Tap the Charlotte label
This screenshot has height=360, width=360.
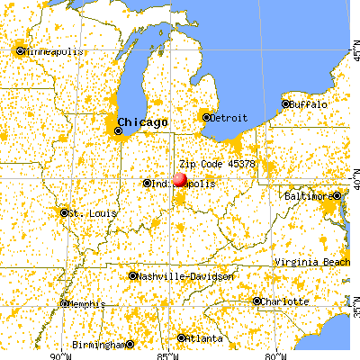(x=286, y=301)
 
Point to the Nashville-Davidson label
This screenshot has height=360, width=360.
(x=185, y=276)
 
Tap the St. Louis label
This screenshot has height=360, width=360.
(x=86, y=213)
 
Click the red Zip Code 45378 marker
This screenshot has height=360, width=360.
(x=180, y=179)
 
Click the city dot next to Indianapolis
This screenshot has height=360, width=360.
(x=147, y=184)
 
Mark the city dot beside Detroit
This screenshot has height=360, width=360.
(x=206, y=117)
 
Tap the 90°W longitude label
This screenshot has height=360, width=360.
(x=62, y=354)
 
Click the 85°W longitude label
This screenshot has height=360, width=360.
(x=166, y=354)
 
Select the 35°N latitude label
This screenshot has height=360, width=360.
(x=355, y=310)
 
